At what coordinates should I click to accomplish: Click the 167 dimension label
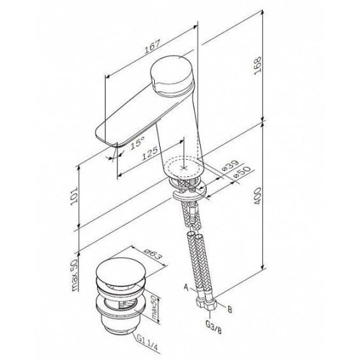coord(152,47)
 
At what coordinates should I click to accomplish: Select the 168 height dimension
coord(258,66)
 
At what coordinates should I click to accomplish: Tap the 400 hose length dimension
coord(258,196)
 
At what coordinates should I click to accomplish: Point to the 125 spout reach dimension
coord(150,153)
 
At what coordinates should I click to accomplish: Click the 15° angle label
coord(138,143)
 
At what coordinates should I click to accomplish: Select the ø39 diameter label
coord(230,166)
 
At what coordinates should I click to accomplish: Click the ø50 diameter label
coord(242,172)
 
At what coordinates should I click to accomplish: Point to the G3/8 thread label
coord(214,328)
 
